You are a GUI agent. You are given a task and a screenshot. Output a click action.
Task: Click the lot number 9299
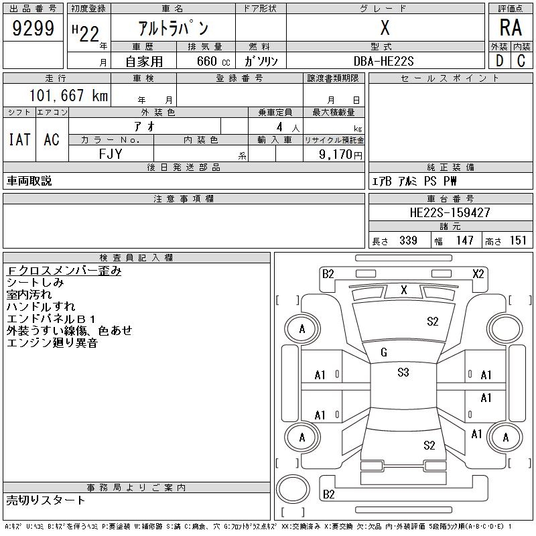33,28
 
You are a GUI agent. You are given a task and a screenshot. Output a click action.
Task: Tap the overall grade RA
511,27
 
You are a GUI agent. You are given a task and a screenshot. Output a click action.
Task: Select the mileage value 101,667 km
68,95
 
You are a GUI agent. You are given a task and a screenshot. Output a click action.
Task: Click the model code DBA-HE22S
383,61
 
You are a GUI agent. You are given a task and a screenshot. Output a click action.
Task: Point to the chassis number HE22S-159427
450,212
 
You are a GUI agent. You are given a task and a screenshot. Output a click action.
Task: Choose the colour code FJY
111,154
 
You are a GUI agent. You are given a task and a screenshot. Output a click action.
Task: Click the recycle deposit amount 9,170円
340,155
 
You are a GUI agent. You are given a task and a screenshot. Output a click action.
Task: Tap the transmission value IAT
19,139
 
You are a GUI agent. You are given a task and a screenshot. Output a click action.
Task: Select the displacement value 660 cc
213,61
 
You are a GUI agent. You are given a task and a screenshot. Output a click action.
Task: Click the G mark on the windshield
384,352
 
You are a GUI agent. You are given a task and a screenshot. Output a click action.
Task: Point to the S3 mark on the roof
403,372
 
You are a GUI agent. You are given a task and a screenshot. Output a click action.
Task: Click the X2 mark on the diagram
478,274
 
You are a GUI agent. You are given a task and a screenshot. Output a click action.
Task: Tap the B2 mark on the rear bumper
328,494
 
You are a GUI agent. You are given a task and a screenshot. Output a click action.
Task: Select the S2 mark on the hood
432,322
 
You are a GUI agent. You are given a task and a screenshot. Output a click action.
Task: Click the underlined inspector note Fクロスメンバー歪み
64,271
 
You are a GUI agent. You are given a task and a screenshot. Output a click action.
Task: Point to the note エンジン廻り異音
52,342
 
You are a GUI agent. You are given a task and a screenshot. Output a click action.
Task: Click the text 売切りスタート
46,500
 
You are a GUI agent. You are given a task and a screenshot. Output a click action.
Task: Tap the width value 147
464,241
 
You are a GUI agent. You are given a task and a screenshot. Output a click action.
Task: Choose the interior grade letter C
521,61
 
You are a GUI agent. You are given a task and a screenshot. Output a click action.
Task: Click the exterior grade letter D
499,61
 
